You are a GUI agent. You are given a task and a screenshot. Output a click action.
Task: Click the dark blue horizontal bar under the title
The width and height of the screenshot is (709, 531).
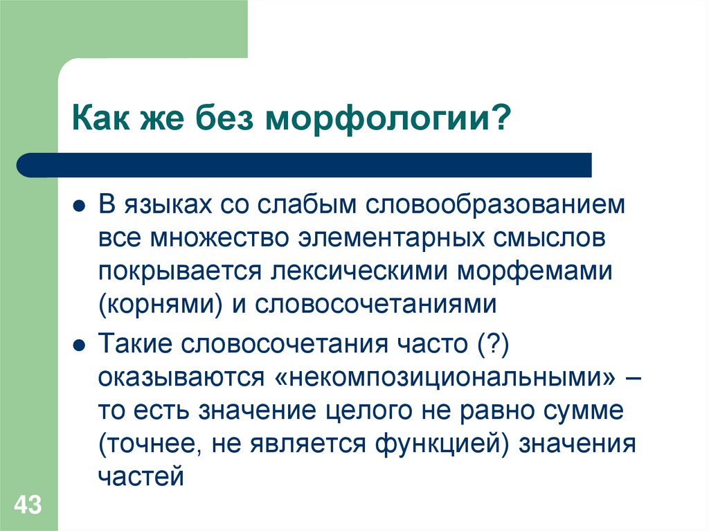305,165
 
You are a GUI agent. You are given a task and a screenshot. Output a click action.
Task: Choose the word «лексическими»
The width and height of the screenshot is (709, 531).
356,271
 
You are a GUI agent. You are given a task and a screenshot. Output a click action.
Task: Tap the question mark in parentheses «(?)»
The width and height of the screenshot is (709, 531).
492,343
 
